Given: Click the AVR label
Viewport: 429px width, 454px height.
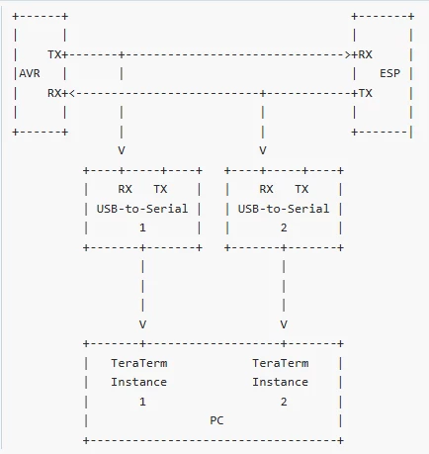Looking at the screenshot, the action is (x=30, y=73).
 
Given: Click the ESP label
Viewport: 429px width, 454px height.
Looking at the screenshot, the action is (x=390, y=73).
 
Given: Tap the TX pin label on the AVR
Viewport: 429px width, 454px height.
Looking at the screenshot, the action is (x=54, y=54).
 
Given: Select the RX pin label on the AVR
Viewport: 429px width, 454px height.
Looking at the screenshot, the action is (x=54, y=93).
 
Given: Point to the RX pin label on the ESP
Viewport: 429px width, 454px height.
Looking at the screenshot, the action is (x=365, y=54).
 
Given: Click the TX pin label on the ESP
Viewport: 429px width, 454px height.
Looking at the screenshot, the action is (x=365, y=93).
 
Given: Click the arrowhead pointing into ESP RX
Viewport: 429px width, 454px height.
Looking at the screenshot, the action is (x=348, y=54).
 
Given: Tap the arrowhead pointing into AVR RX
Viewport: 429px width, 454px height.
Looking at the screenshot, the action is (x=72, y=94).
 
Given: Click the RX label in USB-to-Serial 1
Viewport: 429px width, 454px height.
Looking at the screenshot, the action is (x=125, y=189).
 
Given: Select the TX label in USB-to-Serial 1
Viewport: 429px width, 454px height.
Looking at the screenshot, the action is (x=160, y=189).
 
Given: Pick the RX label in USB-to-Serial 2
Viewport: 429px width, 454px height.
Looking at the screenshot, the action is (x=266, y=189).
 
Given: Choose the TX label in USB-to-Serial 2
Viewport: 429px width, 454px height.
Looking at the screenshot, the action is (x=301, y=189).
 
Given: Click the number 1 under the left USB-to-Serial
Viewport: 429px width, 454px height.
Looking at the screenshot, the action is (x=142, y=227).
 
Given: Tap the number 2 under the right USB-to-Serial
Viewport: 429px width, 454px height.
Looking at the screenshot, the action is (x=284, y=227).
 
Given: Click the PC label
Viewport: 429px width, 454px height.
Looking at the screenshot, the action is (x=216, y=420).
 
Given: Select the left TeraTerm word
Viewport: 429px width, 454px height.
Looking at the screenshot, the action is (x=139, y=363).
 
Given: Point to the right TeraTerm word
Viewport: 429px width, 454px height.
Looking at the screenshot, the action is (x=281, y=363).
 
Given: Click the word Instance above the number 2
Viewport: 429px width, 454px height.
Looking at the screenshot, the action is (x=281, y=382).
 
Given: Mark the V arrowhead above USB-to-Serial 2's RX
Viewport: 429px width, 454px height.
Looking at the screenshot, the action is (x=263, y=150).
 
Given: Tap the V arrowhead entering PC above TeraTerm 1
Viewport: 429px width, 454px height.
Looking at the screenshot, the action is (x=142, y=324).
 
